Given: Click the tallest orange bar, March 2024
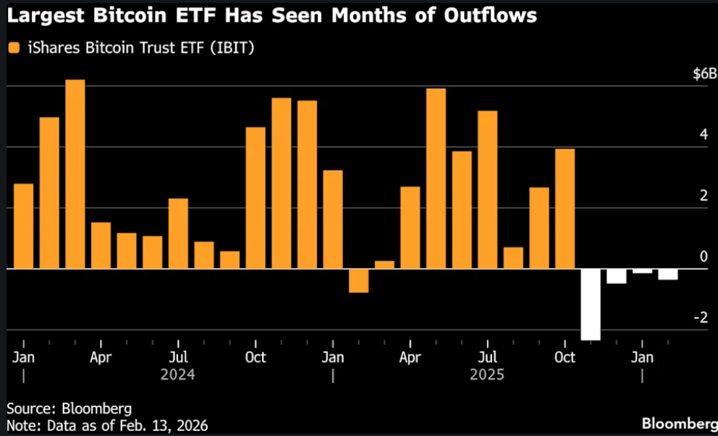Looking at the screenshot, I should tap(75, 174).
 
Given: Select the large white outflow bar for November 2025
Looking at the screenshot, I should tap(591, 304).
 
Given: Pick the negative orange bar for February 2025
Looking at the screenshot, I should tap(358, 280).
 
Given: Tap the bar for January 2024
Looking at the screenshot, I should tap(24, 226).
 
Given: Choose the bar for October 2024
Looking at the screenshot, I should tap(255, 198).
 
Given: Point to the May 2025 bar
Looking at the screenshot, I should tap(436, 178).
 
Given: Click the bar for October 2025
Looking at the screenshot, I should tap(565, 209).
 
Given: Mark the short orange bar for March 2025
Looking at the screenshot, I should tap(384, 264).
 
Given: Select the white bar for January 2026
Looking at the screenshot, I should tap(642, 271).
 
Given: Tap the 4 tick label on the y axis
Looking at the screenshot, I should tap(703, 135).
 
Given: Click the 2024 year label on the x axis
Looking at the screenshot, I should tap(178, 375).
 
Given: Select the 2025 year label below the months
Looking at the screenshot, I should tap(487, 375).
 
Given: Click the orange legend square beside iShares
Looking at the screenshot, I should tap(12, 48).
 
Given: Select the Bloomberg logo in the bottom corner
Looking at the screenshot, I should tap(679, 423).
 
